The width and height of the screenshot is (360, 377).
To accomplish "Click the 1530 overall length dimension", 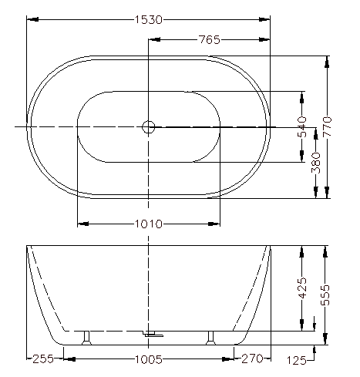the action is pos(149,19).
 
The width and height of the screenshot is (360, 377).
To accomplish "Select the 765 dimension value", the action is pos(210,40).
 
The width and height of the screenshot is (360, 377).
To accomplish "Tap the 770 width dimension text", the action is pos(327,126).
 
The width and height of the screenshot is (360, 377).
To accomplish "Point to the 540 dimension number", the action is pos(302,126).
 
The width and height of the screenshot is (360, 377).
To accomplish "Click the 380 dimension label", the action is pos(316,163).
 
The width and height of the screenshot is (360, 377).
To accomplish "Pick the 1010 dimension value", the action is pos(149,224).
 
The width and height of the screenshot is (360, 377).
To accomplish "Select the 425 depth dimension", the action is pos(302,288).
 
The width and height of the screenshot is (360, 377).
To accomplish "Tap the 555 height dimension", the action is pos(325,295).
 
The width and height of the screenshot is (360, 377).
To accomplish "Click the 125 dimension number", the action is pos(297,361).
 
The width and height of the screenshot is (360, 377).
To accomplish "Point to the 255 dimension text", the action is pos(43,359).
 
